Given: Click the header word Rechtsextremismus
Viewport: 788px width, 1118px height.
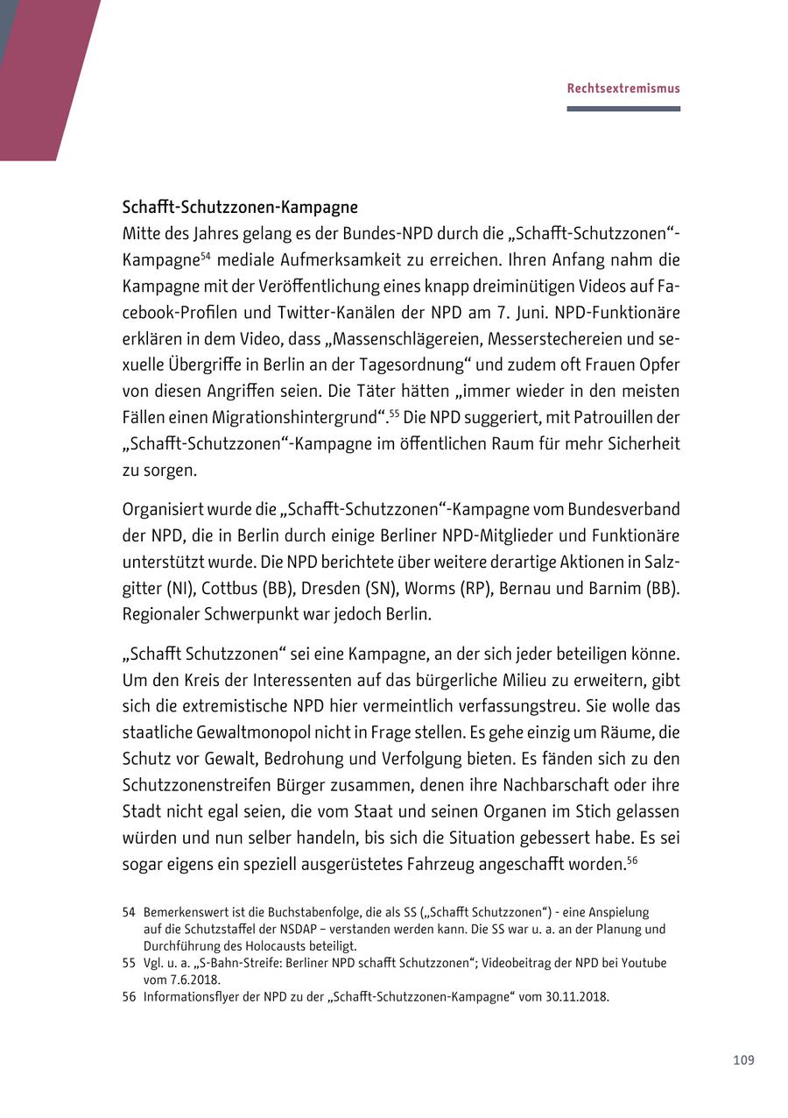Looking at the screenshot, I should pyautogui.click(x=623, y=88).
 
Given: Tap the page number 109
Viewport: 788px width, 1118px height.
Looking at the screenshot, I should pyautogui.click(x=743, y=1060).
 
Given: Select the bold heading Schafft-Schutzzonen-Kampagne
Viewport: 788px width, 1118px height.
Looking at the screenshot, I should pyautogui.click(x=240, y=208).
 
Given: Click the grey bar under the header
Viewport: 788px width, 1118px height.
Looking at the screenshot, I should pyautogui.click(x=623, y=109).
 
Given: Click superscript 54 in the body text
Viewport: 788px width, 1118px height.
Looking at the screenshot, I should pyautogui.click(x=205, y=256).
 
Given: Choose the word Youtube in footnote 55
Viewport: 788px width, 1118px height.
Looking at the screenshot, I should pyautogui.click(x=644, y=963).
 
